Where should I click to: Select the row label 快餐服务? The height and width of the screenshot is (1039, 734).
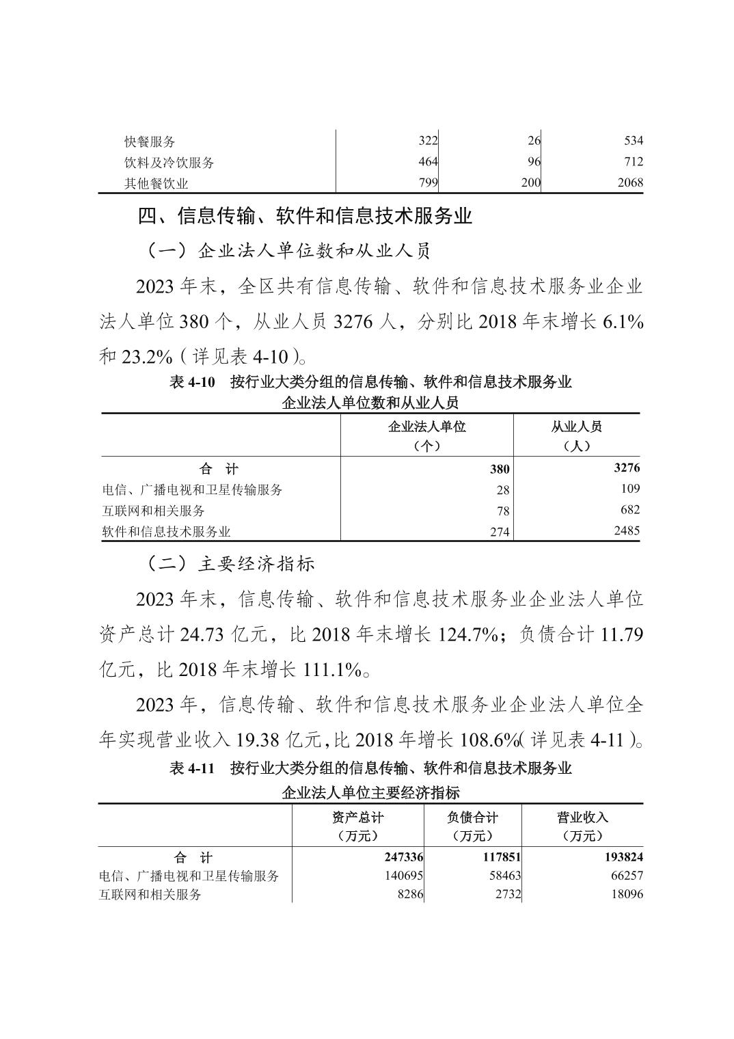click(150, 142)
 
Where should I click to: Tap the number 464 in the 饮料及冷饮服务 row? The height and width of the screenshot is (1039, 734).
click(427, 162)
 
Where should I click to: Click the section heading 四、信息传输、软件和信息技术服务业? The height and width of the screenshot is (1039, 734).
click(305, 217)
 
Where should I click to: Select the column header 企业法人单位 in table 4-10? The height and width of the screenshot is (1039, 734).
click(426, 427)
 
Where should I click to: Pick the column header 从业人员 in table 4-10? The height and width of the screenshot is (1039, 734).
click(576, 427)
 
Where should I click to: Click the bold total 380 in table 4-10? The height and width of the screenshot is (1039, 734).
click(500, 470)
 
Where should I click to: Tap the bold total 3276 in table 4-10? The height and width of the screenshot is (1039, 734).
click(627, 468)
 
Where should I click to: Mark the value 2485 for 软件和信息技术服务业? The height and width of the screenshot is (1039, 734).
click(627, 530)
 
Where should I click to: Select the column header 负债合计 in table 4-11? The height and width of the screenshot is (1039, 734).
click(472, 817)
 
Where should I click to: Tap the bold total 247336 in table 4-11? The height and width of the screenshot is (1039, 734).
click(402, 857)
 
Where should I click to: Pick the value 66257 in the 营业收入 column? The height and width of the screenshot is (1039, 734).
click(625, 876)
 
